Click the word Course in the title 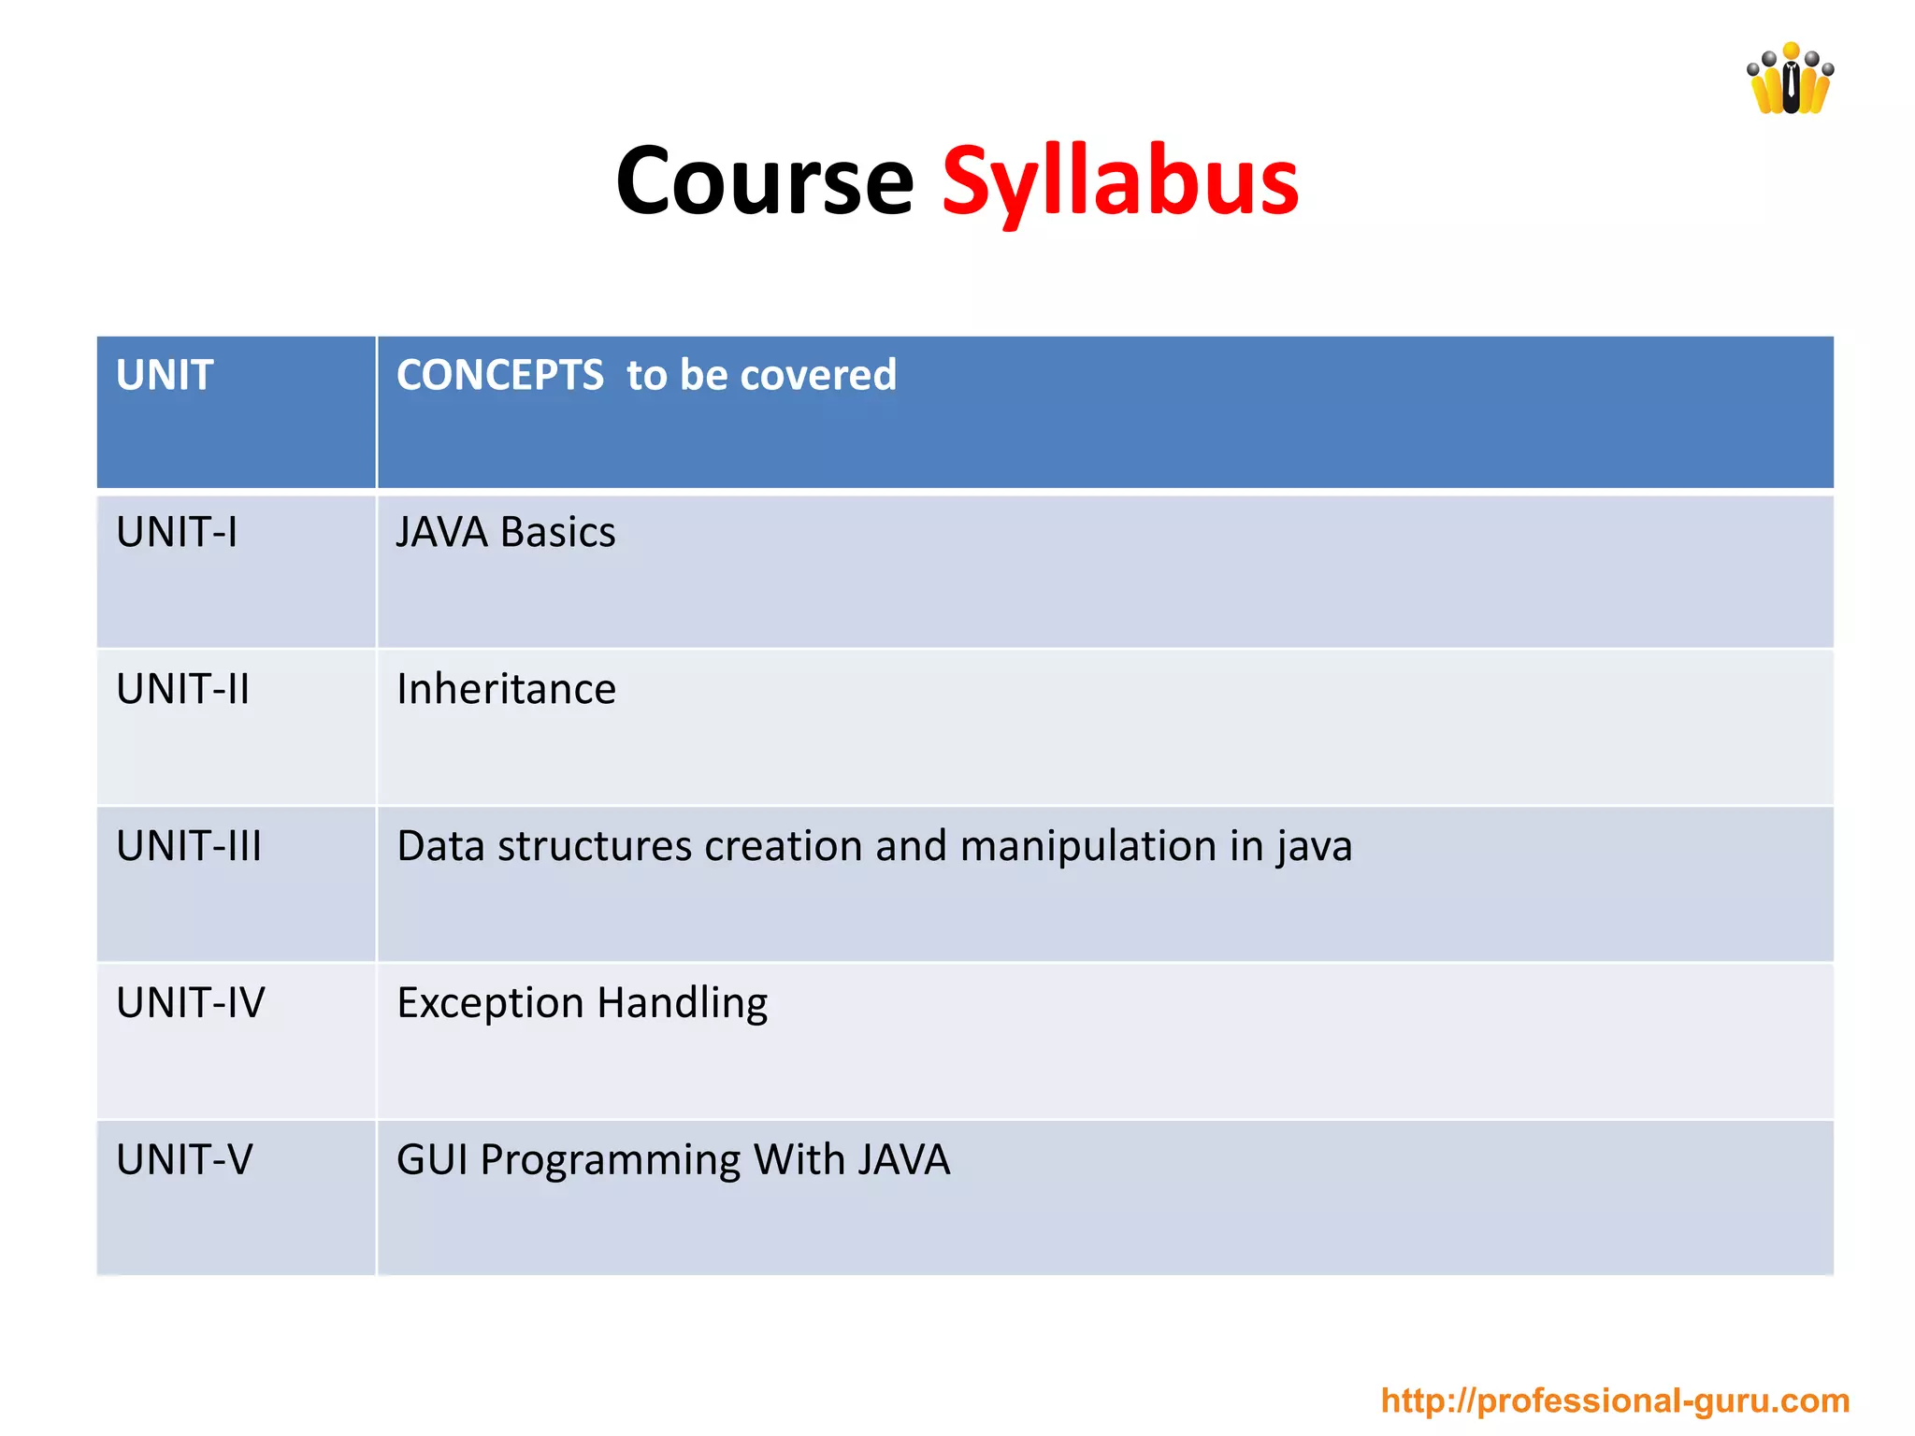[764, 181]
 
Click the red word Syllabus [1120, 181]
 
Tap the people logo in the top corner [1790, 80]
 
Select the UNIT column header [165, 376]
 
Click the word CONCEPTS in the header [500, 376]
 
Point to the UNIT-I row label [177, 533]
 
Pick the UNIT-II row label [183, 690]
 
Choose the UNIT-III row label [189, 846]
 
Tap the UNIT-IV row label [191, 1003]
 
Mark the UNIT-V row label [184, 1160]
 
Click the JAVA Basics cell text [506, 533]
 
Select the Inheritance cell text [506, 690]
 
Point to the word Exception [491, 1003]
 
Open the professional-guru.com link [1615, 1400]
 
